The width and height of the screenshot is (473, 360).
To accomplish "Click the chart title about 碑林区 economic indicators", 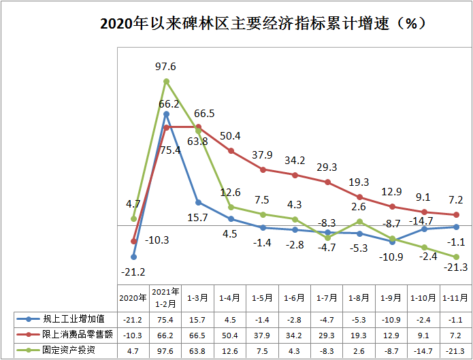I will tap(263, 23).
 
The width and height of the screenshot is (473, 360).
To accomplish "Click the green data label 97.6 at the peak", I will tap(165, 67).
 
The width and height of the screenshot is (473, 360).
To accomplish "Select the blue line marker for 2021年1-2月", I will tap(166, 114).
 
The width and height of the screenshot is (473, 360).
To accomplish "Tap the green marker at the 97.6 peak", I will tap(166, 82).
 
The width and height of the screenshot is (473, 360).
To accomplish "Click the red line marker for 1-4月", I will tap(231, 150).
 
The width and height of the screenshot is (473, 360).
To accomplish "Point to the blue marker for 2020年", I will tap(133, 257).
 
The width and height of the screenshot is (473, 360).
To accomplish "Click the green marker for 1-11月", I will tap(456, 257).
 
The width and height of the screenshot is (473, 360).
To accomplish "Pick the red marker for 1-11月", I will tap(456, 215).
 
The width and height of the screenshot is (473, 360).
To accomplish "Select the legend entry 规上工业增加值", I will tap(65, 318).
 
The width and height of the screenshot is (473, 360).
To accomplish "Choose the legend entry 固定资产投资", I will tap(65, 350).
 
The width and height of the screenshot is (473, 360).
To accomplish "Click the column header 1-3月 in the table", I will tap(198, 297).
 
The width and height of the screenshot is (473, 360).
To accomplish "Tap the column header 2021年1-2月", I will tap(165, 297).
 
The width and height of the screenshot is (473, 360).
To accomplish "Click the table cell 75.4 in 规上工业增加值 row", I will tap(165, 318).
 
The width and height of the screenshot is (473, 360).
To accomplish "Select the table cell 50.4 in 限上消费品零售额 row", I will tap(230, 334).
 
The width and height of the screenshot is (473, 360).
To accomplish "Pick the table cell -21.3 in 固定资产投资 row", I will tap(455, 350).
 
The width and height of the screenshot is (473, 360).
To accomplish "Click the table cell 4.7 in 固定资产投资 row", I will tap(133, 350).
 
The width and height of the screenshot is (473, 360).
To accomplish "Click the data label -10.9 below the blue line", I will tap(392, 257).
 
